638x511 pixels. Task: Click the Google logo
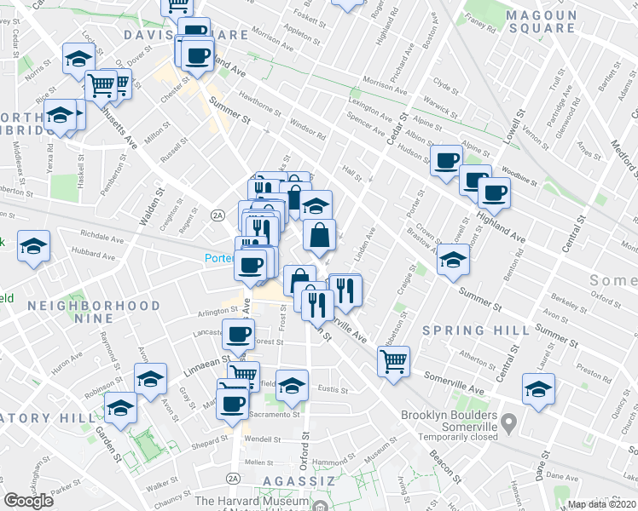click(29, 501)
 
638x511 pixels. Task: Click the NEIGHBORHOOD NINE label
click(93, 312)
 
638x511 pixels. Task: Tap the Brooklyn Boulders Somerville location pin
click(509, 422)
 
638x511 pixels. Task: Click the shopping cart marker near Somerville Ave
click(393, 361)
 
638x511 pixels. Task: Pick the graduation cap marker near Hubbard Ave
click(35, 247)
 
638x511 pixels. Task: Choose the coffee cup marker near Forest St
click(239, 334)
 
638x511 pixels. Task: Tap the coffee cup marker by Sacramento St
click(233, 403)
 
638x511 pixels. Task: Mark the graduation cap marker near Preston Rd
click(538, 389)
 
